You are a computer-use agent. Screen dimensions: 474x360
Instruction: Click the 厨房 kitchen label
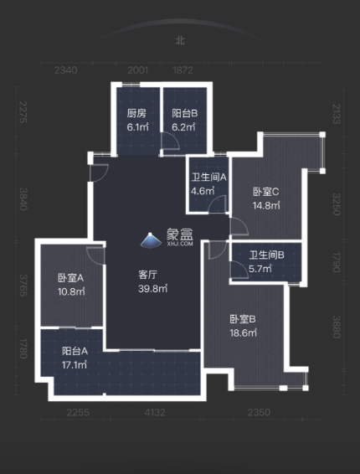point(136,114)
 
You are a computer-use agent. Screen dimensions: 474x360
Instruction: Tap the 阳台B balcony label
point(184,114)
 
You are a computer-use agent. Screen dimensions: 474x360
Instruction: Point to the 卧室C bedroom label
point(265,192)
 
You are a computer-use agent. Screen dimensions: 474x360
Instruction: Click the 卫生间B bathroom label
point(266,255)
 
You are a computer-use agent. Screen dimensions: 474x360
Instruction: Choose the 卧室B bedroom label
point(243,318)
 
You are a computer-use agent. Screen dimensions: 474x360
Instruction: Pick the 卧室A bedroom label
point(69,279)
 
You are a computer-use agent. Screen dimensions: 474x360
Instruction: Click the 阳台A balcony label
point(75,351)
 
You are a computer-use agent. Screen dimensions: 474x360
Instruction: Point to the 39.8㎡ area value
point(153,288)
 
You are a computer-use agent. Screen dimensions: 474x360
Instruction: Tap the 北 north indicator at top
point(180,40)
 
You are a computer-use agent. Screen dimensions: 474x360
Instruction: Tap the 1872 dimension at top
point(183,70)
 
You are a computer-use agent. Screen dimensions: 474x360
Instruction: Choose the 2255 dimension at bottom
point(80,412)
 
